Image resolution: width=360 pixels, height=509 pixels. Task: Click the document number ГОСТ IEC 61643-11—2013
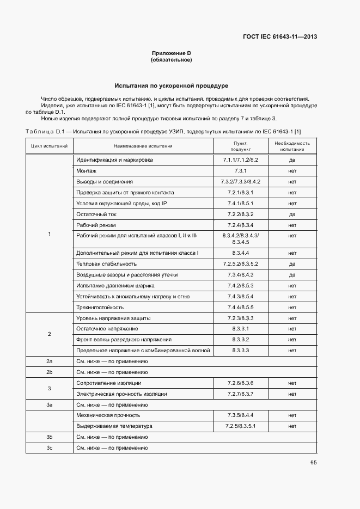(x=279, y=37)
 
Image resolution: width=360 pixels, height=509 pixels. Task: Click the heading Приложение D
(x=171, y=53)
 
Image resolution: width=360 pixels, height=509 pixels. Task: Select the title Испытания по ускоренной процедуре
(x=171, y=85)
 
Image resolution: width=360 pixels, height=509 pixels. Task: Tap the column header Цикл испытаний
(x=49, y=146)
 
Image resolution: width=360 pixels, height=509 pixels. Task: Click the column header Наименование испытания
(x=143, y=146)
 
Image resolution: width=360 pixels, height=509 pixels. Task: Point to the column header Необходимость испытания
(x=292, y=146)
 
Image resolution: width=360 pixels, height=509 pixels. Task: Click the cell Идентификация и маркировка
(x=115, y=160)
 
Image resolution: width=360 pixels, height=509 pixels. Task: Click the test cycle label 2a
(x=49, y=361)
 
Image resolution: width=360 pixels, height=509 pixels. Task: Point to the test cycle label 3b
(x=49, y=437)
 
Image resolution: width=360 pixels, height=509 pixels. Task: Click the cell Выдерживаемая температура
(x=114, y=426)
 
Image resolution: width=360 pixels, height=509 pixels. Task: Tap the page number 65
(x=313, y=463)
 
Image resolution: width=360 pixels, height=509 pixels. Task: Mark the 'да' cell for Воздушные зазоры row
(x=292, y=275)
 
